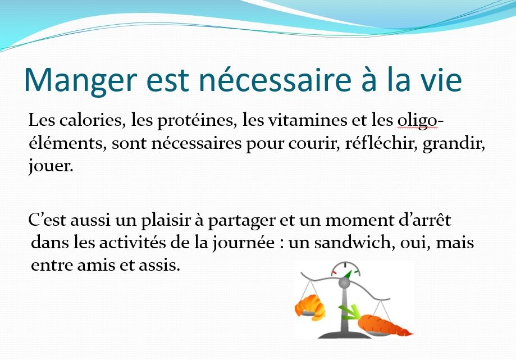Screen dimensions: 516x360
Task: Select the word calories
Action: [x=93, y=120]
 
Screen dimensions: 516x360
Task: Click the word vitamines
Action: [x=308, y=120]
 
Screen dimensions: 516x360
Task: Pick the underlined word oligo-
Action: [x=421, y=121]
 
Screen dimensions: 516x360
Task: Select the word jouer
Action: [x=51, y=166]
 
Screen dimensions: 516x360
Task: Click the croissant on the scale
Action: [x=310, y=307]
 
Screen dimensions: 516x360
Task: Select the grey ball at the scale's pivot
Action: [x=344, y=282]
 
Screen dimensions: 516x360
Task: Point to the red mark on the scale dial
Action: [x=334, y=273]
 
